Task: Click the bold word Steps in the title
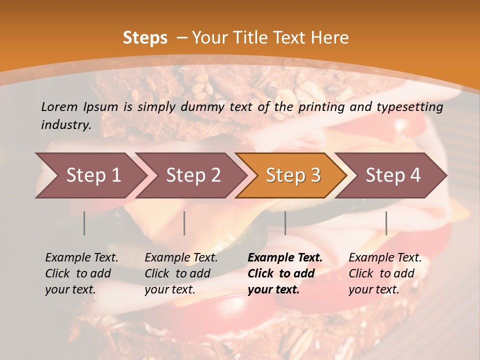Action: (x=145, y=38)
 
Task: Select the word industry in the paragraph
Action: (x=65, y=125)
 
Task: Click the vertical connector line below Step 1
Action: (x=84, y=223)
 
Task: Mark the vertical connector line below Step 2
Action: (x=184, y=223)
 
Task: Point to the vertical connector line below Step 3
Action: (x=285, y=223)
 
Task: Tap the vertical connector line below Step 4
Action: (x=386, y=223)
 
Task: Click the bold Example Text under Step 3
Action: (x=285, y=258)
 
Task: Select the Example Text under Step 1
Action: (x=81, y=258)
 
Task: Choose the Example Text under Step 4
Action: (x=385, y=258)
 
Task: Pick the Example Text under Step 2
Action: (x=181, y=258)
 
